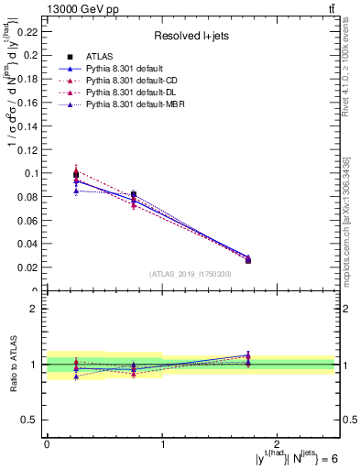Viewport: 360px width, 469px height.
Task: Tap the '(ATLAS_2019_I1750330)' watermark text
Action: click(x=191, y=274)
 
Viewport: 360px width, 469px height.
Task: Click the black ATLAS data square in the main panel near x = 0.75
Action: click(x=134, y=194)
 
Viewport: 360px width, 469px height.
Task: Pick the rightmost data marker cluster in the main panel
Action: click(x=247, y=259)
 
